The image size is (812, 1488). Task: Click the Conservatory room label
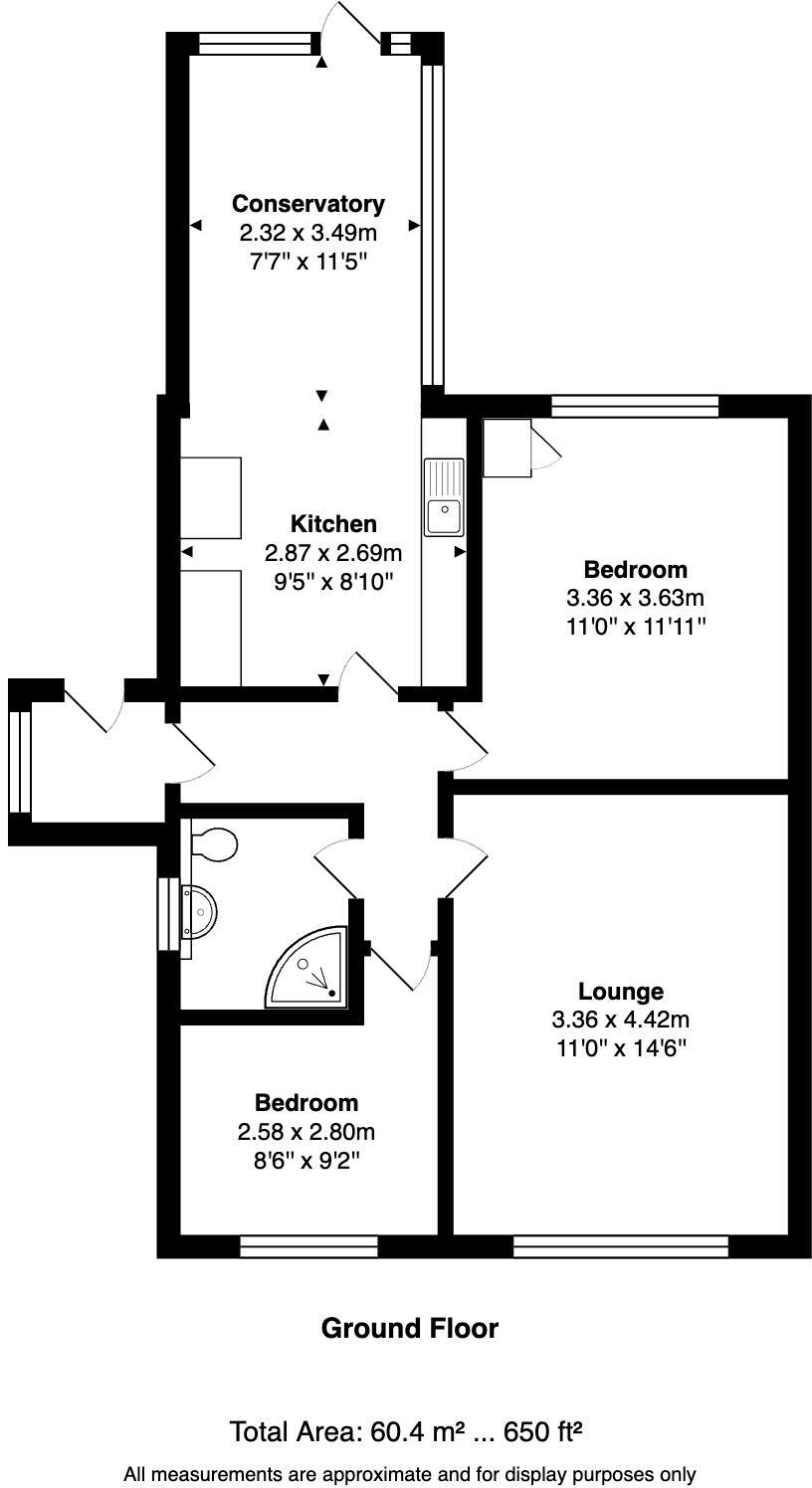pos(307,204)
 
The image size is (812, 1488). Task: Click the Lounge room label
pos(621,991)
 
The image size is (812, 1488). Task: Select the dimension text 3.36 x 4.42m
pos(621,1020)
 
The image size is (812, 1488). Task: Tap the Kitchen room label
pos(333,524)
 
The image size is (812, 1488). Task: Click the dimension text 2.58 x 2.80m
pos(305,1132)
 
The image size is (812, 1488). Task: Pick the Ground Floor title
pos(409,1328)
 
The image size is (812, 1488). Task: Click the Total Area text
pos(406,1432)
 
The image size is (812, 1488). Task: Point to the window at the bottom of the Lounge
pos(621,1246)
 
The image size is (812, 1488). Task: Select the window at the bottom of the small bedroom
pos(308,1246)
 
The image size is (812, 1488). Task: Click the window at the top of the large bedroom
pos(635,406)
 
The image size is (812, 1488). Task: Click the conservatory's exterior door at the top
pos(351,30)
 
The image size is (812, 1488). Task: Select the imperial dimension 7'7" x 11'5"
pos(307,262)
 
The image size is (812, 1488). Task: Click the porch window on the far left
pos(20,761)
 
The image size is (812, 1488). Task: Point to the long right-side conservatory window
pos(432,224)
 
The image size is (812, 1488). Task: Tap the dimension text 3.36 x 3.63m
pos(635,599)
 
